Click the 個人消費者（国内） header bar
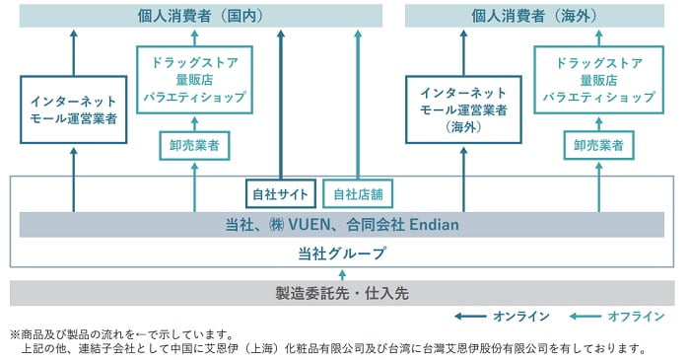[x=196, y=15]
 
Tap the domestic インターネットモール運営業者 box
[x=73, y=109]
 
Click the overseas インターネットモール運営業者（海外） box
[x=462, y=109]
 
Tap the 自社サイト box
[x=282, y=193]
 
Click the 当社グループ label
[x=341, y=253]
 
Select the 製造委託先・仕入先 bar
[x=341, y=293]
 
